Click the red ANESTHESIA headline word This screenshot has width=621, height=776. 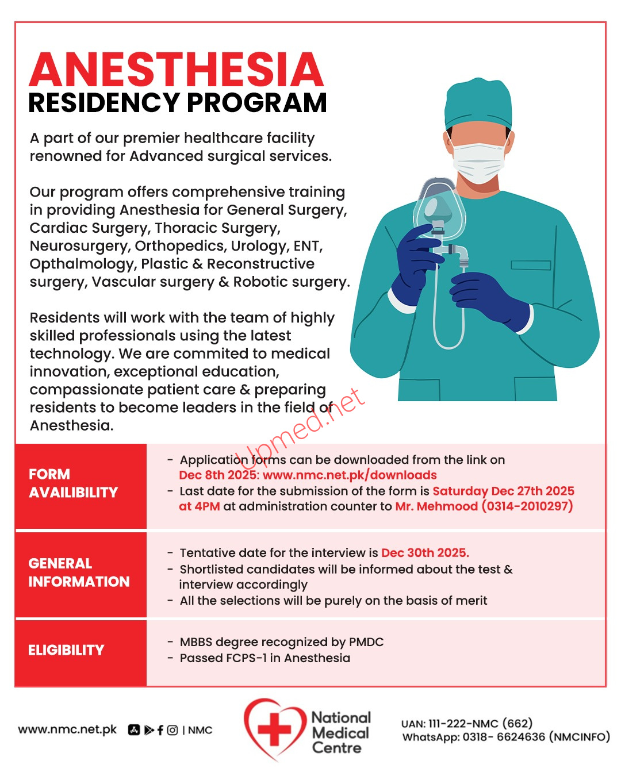click(176, 70)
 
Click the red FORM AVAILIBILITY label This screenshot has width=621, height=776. click(73, 483)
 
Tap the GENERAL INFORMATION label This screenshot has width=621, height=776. click(79, 573)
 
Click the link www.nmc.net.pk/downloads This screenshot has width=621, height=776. click(350, 475)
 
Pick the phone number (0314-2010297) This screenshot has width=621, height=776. click(527, 506)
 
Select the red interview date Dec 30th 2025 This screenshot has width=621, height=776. click(425, 553)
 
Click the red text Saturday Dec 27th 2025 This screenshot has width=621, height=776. click(503, 491)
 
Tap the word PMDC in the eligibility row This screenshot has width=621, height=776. click(366, 642)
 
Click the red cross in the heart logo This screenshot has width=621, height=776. click(275, 729)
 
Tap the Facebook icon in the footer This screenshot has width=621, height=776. click(160, 730)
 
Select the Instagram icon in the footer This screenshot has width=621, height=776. click(172, 730)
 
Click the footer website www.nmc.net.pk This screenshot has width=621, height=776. click(67, 729)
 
